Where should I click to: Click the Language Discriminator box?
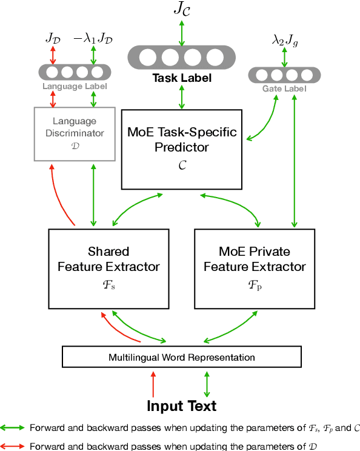pyautogui.click(x=74, y=133)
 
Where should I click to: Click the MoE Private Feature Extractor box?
pyautogui.click(x=255, y=267)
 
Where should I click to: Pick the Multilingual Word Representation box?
pyautogui.click(x=181, y=357)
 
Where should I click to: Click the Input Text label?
pyautogui.click(x=181, y=406)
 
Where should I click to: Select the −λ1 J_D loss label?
pyautogui.click(x=93, y=38)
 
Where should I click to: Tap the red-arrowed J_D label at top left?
pyautogui.click(x=53, y=38)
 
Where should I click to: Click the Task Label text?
pyautogui.click(x=181, y=78)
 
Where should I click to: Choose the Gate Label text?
pyautogui.click(x=284, y=89)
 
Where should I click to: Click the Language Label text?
pyautogui.click(x=74, y=86)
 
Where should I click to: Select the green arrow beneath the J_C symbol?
pyautogui.click(x=181, y=34)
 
